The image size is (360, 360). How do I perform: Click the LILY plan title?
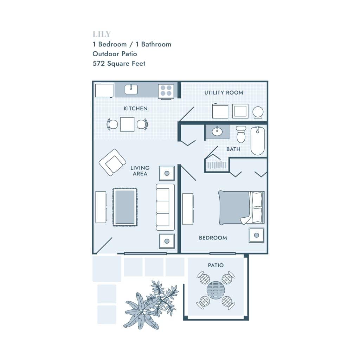[x=102, y=34]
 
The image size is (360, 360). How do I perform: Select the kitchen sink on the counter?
[x=131, y=89]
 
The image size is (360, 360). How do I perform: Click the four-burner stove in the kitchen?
[x=166, y=90]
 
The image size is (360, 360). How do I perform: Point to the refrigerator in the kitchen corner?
[x=104, y=90]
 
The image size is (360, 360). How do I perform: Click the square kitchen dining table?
[x=127, y=124]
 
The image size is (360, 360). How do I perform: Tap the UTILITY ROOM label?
[x=224, y=92]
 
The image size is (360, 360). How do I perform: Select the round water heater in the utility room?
[x=258, y=112]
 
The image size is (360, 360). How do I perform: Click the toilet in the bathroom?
[x=241, y=134]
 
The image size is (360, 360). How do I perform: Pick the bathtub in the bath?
[x=258, y=141]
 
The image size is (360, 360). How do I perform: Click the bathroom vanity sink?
[x=217, y=131]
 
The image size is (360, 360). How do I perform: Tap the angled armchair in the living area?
[x=112, y=162]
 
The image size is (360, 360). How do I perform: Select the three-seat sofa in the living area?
[x=165, y=207]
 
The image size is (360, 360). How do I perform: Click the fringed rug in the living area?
[x=125, y=207]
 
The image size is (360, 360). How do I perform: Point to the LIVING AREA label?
[x=140, y=171]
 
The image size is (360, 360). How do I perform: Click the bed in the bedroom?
[x=241, y=207]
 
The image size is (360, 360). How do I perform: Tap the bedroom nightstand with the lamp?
[x=256, y=235]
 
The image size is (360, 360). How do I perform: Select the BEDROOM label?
[x=213, y=238]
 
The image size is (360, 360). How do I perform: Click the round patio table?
[x=216, y=290]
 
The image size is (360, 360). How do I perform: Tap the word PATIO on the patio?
[x=216, y=265]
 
